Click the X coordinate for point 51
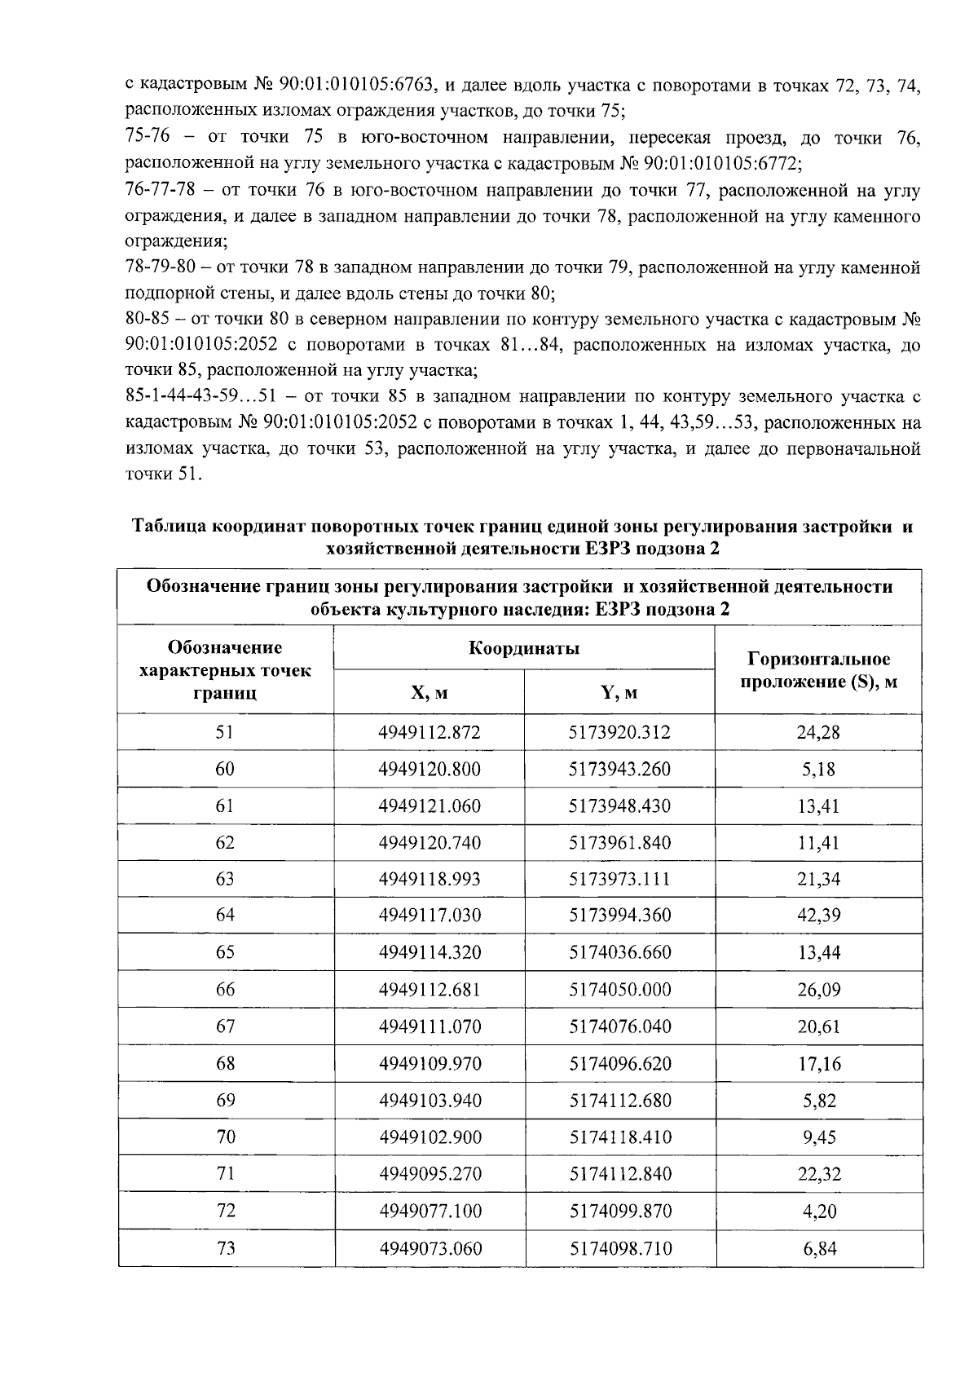click(430, 732)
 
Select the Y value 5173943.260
click(619, 769)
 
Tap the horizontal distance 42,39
click(818, 916)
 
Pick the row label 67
click(225, 1026)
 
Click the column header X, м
click(429, 693)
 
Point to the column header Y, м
click(619, 693)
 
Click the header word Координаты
click(524, 649)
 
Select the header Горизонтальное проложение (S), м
click(818, 670)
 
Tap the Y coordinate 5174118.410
click(619, 1137)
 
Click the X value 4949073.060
click(430, 1248)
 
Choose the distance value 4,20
click(819, 1211)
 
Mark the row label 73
click(225, 1248)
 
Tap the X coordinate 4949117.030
click(430, 916)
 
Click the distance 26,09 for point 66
click(818, 990)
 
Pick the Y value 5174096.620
click(619, 1064)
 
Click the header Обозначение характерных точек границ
click(225, 670)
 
